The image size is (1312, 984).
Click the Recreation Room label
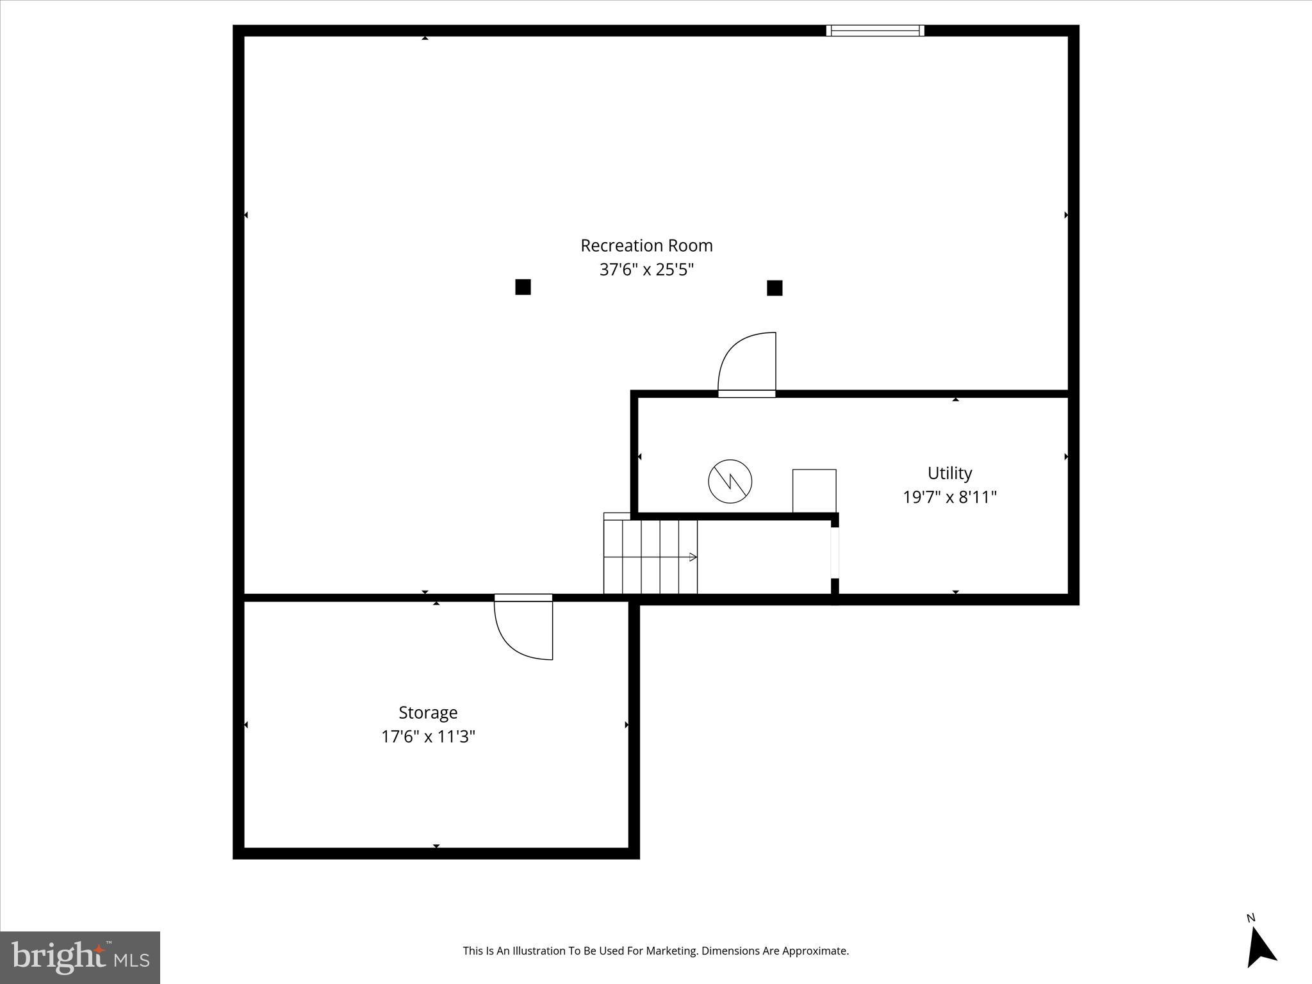[646, 245]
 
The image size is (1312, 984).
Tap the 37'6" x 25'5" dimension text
[646, 270]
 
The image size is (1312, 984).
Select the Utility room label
[949, 473]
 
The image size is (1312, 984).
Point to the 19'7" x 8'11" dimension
[949, 497]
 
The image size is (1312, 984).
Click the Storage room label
[428, 712]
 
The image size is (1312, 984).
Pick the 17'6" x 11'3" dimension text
[428, 737]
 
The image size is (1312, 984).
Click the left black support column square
[523, 287]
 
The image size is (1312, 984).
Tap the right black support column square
[775, 288]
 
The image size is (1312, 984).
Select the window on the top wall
[874, 30]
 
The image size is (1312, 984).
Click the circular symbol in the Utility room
[730, 481]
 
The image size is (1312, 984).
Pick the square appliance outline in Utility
[814, 491]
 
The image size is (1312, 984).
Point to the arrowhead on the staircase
[693, 557]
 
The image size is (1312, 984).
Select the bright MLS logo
[80, 958]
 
